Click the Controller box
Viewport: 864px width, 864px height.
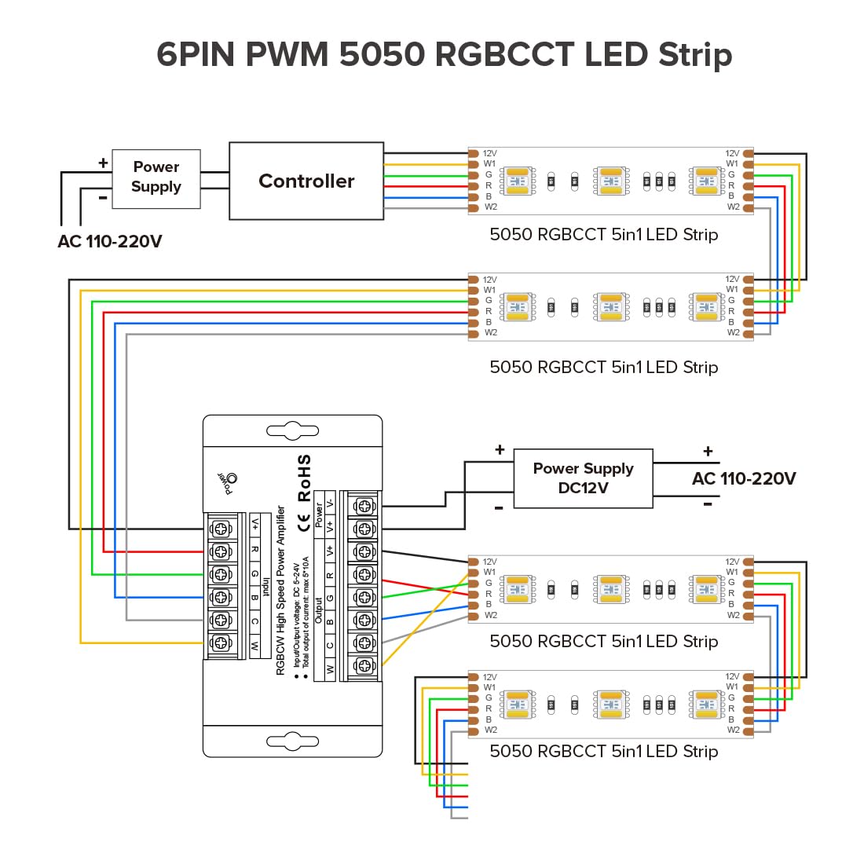[x=306, y=181]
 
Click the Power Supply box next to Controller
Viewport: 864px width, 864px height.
[x=156, y=178]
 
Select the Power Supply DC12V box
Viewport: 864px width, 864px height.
[x=583, y=478]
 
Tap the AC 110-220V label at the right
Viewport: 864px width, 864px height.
[x=744, y=478]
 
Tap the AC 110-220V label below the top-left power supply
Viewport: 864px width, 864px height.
[x=110, y=241]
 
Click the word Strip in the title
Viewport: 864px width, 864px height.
[x=695, y=55]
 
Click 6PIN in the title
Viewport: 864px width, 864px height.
[x=196, y=55]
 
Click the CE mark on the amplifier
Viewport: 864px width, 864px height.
[x=305, y=522]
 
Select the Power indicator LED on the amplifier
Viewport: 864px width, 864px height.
[x=232, y=478]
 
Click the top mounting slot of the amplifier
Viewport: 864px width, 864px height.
[x=292, y=431]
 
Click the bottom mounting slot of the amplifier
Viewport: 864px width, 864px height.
[x=292, y=741]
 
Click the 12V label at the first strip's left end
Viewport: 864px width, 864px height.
[x=489, y=154]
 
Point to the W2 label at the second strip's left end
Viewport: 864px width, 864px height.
[x=491, y=333]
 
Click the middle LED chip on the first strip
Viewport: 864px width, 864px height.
[x=611, y=181]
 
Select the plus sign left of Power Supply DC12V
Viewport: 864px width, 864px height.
[x=500, y=450]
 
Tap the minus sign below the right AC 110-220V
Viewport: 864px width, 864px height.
[x=708, y=504]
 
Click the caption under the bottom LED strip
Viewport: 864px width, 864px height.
[x=603, y=751]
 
